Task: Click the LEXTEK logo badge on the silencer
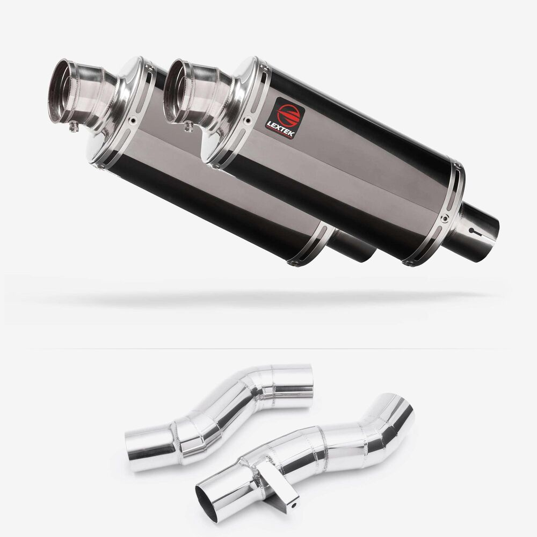coord(285,118)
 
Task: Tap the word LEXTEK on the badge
coord(280,129)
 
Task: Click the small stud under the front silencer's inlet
coord(188,127)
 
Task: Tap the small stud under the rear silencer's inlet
coord(73,127)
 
